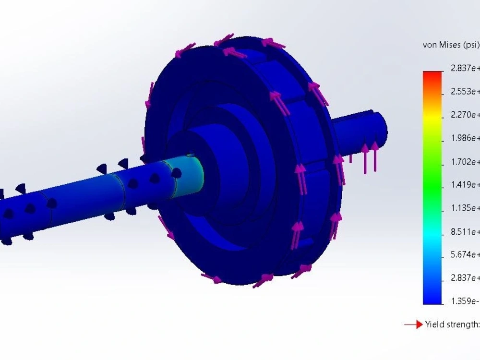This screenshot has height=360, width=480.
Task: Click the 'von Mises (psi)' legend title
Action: (451, 45)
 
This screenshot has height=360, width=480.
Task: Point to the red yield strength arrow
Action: (413, 325)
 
